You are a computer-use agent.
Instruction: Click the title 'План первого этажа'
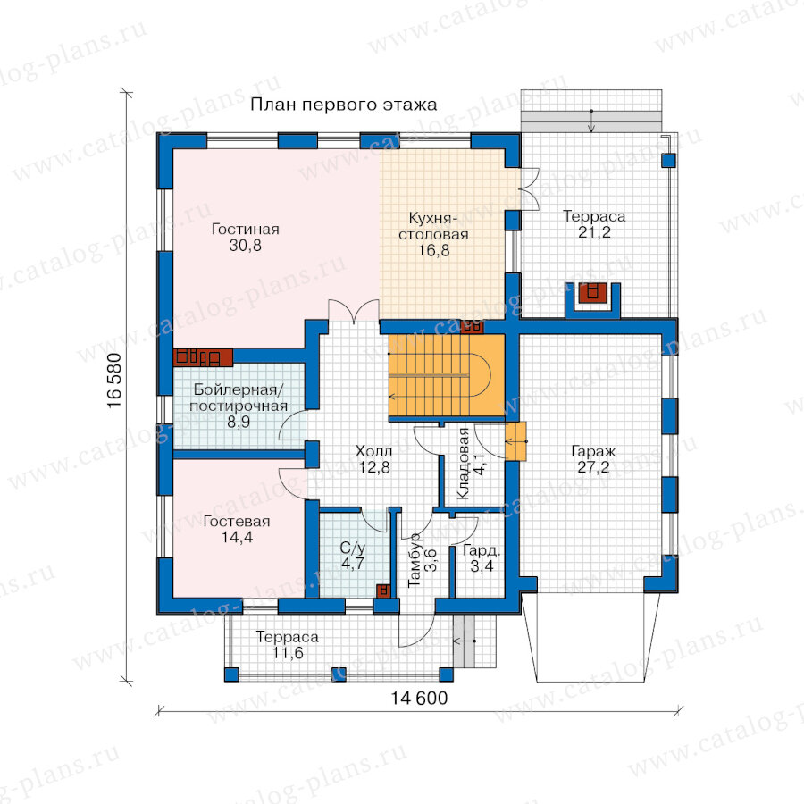coord(344,105)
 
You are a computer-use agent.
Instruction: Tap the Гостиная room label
coord(245,229)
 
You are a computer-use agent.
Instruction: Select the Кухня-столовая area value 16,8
coord(434,250)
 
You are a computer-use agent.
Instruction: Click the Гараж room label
coord(593,452)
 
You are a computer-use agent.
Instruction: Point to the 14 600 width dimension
coord(419,698)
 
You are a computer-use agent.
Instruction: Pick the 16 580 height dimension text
coord(115,381)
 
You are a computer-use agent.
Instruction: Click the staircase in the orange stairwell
coord(440,377)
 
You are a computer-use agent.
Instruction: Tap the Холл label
coord(373,451)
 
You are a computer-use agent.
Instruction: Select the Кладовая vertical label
coord(463,463)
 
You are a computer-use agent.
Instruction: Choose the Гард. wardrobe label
coord(482,551)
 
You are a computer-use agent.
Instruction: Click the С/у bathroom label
coord(353,549)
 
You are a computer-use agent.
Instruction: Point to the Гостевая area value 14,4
coord(237,537)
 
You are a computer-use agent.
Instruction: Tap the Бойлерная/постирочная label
coord(239,398)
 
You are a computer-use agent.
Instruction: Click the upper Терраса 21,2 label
coord(594,224)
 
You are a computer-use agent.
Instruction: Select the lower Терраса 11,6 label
coord(287,645)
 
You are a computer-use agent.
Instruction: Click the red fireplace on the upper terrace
coord(593,293)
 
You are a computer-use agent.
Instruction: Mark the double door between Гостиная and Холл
coord(354,311)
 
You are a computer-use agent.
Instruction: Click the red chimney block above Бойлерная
coord(203,356)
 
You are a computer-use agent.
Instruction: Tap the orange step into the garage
coord(516,441)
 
